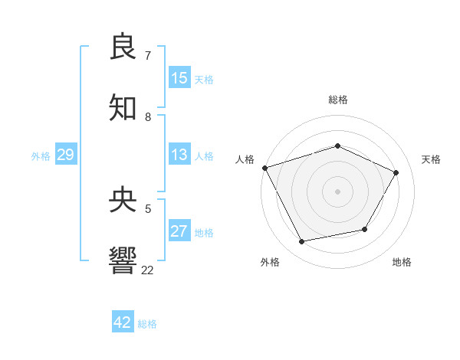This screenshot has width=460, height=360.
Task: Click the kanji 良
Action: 123,47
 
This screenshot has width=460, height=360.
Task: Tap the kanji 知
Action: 123,108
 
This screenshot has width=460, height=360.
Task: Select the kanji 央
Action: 123,200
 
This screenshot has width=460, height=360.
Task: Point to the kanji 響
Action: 123,260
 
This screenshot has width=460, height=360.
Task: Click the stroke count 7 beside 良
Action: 148,56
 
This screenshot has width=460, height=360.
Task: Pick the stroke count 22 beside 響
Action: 148,270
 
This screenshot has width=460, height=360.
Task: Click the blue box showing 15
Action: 179,78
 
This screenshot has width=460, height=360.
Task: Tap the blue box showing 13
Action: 179,155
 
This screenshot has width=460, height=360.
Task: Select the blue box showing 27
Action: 179,231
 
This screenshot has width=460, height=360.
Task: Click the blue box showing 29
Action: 65,155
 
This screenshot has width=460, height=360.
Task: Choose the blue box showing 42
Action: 123,322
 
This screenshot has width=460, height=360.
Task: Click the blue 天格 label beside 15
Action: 204,80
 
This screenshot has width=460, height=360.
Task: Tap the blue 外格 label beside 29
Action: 41,156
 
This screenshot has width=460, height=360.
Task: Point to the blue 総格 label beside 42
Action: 147,324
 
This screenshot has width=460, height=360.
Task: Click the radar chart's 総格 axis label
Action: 338,100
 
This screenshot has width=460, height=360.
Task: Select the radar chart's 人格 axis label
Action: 245,159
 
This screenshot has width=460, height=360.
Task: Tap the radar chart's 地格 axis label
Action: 402,262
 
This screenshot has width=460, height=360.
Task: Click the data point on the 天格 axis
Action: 396,172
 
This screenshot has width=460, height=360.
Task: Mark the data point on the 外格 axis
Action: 302,242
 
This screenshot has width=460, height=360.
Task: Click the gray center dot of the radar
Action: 338,191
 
